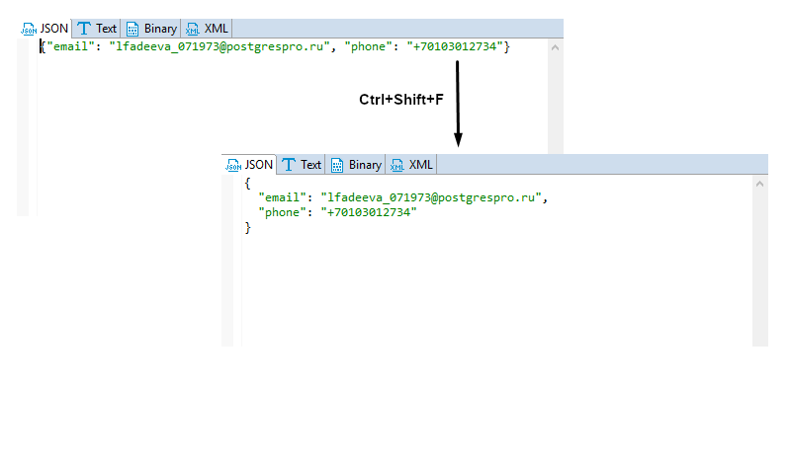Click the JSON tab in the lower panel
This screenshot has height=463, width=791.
pyautogui.click(x=250, y=165)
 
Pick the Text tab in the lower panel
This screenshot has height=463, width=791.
pyautogui.click(x=302, y=165)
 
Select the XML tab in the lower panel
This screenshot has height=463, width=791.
pyautogui.click(x=412, y=165)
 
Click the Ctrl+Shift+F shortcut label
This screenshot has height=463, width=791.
pyautogui.click(x=399, y=100)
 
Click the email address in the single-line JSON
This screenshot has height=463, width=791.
pyautogui.click(x=219, y=46)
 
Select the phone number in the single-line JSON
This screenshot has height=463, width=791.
pyautogui.click(x=455, y=46)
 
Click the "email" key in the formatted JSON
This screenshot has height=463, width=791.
pyautogui.click(x=281, y=197)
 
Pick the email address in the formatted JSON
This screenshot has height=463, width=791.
pyautogui.click(x=430, y=197)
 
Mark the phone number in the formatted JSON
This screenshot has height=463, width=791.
pyautogui.click(x=371, y=212)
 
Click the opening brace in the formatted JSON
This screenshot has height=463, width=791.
pyautogui.click(x=248, y=183)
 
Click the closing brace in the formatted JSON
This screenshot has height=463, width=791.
pyautogui.click(x=248, y=228)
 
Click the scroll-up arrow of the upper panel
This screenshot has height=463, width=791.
pyautogui.click(x=555, y=46)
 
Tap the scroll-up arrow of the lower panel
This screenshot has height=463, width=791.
pyautogui.click(x=760, y=184)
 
